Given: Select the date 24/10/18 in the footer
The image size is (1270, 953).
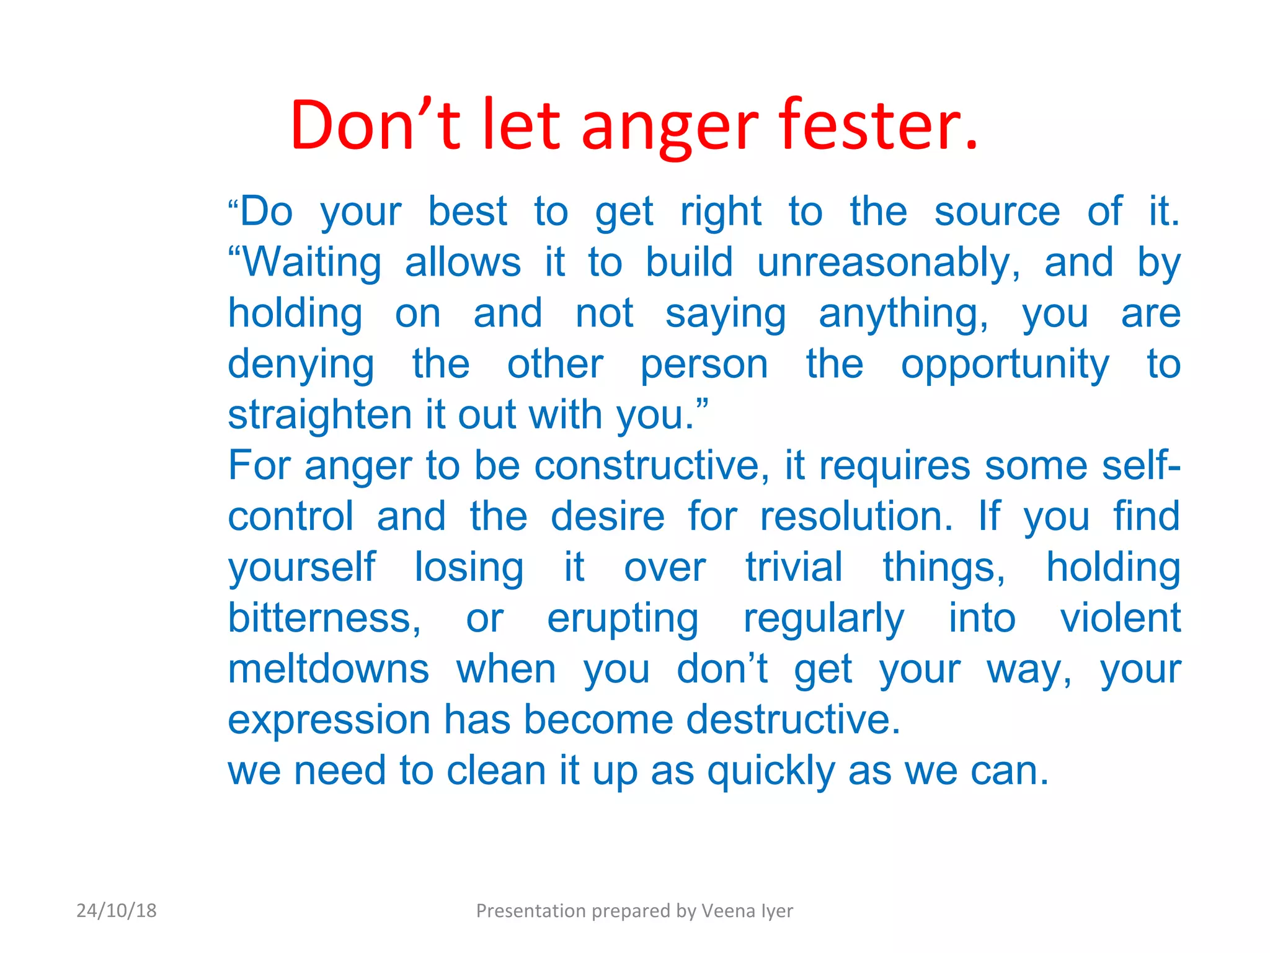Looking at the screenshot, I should click(117, 911).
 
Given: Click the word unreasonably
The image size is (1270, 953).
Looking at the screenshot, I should click(889, 262).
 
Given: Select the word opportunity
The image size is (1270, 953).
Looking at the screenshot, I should click(1005, 364).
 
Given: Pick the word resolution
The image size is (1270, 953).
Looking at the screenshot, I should click(856, 516).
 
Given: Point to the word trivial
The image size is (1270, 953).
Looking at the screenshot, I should click(794, 567).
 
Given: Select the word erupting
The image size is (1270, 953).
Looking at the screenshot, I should click(623, 619).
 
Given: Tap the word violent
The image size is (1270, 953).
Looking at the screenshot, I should click(1120, 618).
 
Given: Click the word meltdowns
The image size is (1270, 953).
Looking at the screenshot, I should click(329, 669).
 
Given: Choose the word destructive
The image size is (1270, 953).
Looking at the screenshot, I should click(793, 720).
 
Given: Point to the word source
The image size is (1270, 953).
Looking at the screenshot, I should click(997, 212).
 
